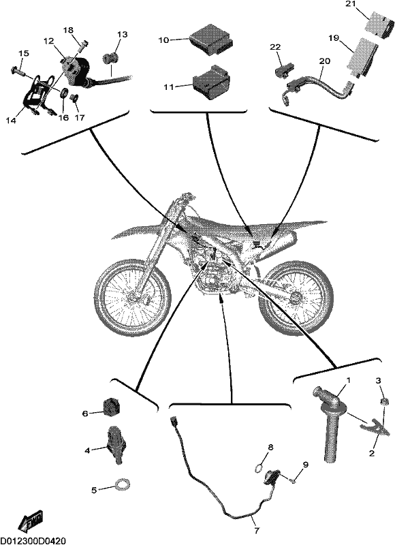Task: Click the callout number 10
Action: [x=163, y=40]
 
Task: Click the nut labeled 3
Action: [x=384, y=403]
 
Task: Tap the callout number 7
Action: [x=257, y=531]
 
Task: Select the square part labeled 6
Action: [x=111, y=407]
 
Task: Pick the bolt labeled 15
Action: [x=17, y=71]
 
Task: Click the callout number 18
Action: [x=68, y=30]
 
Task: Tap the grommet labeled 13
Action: [x=110, y=58]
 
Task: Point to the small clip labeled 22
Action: [x=285, y=71]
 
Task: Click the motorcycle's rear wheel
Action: [x=296, y=296]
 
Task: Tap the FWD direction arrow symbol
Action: [x=31, y=518]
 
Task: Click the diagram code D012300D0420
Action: [x=33, y=541]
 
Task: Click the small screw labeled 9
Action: [x=293, y=481]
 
